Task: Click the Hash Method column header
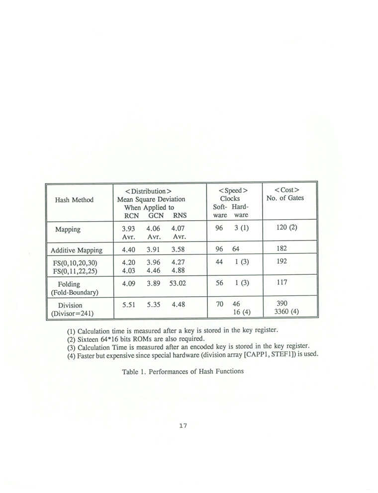click(75, 200)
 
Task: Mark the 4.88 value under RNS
click(178, 271)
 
